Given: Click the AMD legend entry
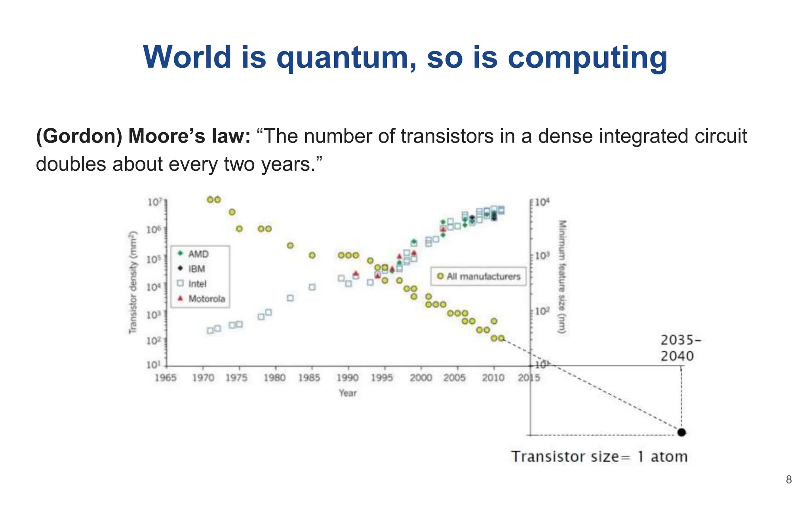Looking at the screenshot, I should (198, 254).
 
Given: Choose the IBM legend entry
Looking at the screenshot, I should (196, 269).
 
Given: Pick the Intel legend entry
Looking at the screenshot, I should (197, 284).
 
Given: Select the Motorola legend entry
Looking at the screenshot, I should (206, 299).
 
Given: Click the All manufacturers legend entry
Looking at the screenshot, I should (483, 276).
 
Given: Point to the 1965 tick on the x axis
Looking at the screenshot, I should (166, 377).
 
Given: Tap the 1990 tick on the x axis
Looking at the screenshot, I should (347, 377).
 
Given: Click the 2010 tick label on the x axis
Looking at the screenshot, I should (493, 377).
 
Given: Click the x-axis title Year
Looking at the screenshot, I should (348, 393).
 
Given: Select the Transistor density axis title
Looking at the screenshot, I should (133, 282).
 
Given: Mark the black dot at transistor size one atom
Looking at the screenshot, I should (682, 432).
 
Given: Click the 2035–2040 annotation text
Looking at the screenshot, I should (680, 348).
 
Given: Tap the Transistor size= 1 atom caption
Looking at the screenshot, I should (599, 457).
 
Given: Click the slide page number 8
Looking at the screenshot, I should (789, 480).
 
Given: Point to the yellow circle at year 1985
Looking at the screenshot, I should (312, 255).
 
